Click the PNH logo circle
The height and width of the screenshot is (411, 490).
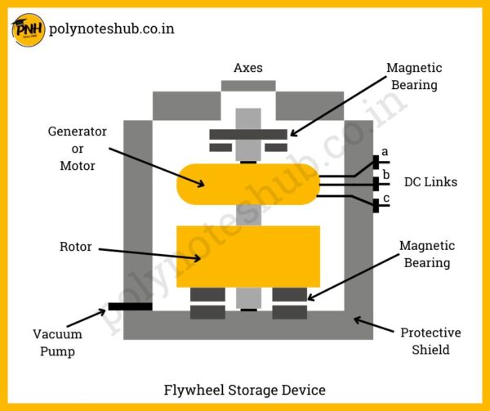tap(28, 30)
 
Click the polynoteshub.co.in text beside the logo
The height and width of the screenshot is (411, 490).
tap(112, 29)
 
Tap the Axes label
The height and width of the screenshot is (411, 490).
tap(248, 68)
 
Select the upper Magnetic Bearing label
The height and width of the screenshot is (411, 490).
tap(414, 76)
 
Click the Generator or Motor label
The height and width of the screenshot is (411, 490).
tap(78, 148)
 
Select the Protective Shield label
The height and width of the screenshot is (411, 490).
tap(430, 342)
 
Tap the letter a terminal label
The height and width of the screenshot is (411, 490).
tap(385, 151)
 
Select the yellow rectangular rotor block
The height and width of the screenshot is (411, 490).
tap(247, 256)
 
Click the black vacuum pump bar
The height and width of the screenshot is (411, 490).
tap(129, 307)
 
